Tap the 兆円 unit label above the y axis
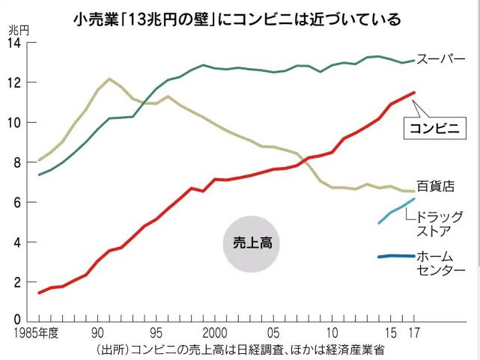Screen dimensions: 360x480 [19, 30]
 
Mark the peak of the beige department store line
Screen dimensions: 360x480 [109, 79]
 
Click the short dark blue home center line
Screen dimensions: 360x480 [396, 256]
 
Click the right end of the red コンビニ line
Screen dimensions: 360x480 [414, 93]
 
